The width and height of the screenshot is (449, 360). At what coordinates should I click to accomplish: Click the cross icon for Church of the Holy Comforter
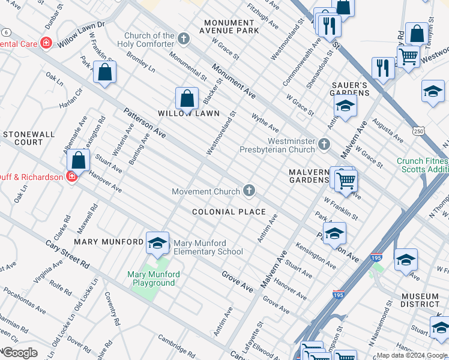[x=184, y=40]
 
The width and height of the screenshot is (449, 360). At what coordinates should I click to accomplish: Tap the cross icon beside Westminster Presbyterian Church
[x=324, y=143]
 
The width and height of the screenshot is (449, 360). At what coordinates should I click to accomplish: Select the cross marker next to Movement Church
[x=249, y=191]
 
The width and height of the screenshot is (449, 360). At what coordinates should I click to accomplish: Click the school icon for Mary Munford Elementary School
[x=157, y=242]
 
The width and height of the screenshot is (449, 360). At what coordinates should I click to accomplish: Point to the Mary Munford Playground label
[x=154, y=278]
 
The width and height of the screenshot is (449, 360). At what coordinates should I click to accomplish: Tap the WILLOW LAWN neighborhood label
[x=188, y=113]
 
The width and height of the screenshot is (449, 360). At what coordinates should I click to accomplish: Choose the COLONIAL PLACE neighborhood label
[x=229, y=212]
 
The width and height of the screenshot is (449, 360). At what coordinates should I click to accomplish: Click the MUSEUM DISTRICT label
[x=421, y=301]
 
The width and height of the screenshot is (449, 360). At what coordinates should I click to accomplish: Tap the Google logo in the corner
[x=19, y=353]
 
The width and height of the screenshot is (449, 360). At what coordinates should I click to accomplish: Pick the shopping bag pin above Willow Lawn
[x=187, y=100]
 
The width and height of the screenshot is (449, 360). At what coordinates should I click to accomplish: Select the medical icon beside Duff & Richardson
[x=71, y=176]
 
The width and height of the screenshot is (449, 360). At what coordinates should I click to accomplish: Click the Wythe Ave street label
[x=265, y=123]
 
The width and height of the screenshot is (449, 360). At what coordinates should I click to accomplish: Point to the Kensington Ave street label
[x=316, y=256]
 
